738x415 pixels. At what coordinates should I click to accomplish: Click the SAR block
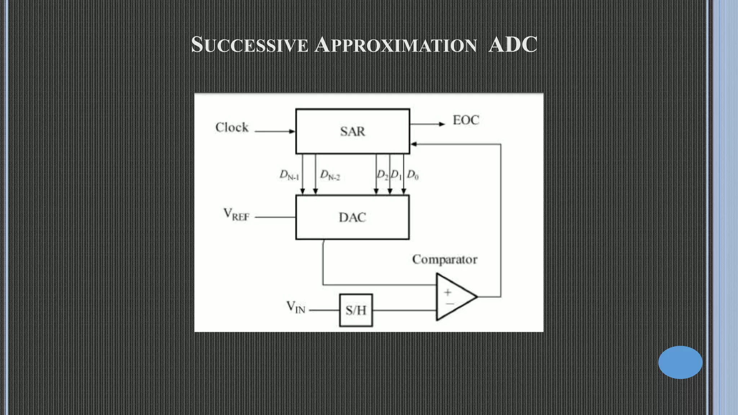(x=352, y=131)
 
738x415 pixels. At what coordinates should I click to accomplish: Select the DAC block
(x=352, y=217)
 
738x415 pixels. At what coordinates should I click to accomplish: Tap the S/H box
(x=356, y=310)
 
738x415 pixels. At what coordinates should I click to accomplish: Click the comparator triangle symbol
(x=455, y=297)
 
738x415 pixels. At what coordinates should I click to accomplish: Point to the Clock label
(x=232, y=128)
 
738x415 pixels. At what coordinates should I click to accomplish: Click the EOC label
(x=466, y=120)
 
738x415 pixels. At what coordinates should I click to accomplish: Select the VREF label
(x=236, y=215)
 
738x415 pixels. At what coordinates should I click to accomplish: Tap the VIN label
(x=295, y=307)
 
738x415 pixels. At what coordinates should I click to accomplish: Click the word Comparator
(x=445, y=260)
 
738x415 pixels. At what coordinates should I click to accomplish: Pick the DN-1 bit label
(x=289, y=175)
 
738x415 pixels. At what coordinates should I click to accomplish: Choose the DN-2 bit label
(x=330, y=175)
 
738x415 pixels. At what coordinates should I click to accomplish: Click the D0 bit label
(x=413, y=175)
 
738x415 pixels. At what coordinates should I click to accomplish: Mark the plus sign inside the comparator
(x=448, y=292)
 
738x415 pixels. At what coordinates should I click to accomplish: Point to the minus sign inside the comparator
(x=450, y=304)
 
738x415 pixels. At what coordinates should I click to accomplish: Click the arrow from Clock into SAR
(x=275, y=131)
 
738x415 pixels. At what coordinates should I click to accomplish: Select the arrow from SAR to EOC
(x=427, y=124)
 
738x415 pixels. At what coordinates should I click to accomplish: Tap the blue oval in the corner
(x=680, y=362)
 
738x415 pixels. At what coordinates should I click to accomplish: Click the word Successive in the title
(x=250, y=45)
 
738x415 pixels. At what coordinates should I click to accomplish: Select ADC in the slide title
(x=512, y=45)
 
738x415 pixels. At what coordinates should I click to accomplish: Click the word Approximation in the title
(x=395, y=45)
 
